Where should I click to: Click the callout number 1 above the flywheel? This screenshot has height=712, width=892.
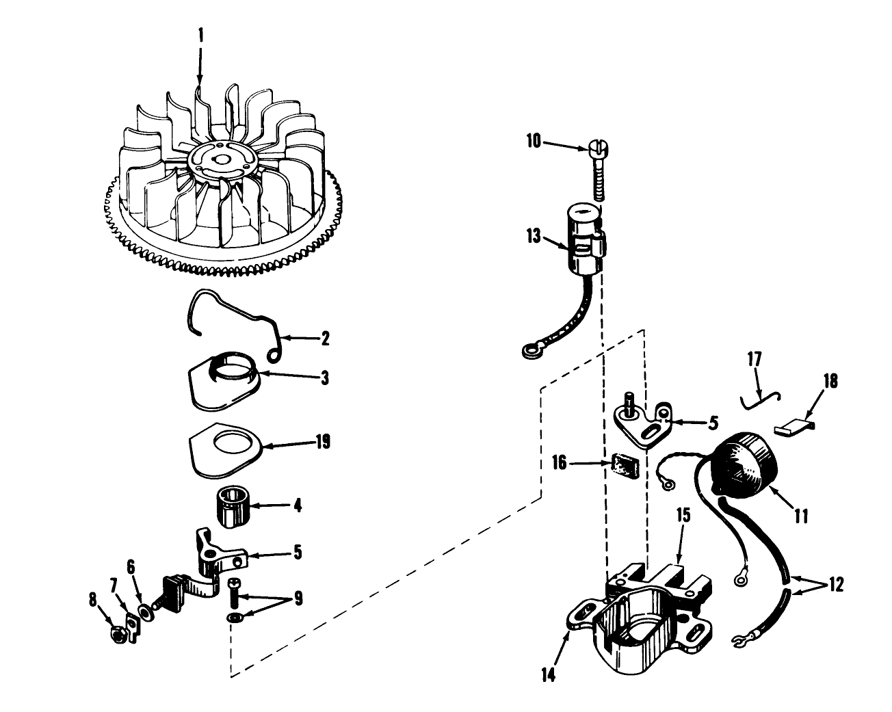tap(201, 36)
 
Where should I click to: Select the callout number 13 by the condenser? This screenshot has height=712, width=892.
tap(534, 236)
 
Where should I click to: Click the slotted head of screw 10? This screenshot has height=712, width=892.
tap(598, 146)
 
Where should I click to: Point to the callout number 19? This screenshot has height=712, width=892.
tap(323, 442)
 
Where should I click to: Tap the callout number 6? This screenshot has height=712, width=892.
tap(131, 567)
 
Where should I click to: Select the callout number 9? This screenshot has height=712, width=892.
tap(298, 598)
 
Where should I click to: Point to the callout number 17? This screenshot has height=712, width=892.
tap(755, 359)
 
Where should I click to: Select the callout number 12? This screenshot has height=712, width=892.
tap(836, 585)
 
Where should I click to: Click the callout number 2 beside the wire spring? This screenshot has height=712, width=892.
tap(326, 339)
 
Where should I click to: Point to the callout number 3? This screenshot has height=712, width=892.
tap(325, 378)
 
